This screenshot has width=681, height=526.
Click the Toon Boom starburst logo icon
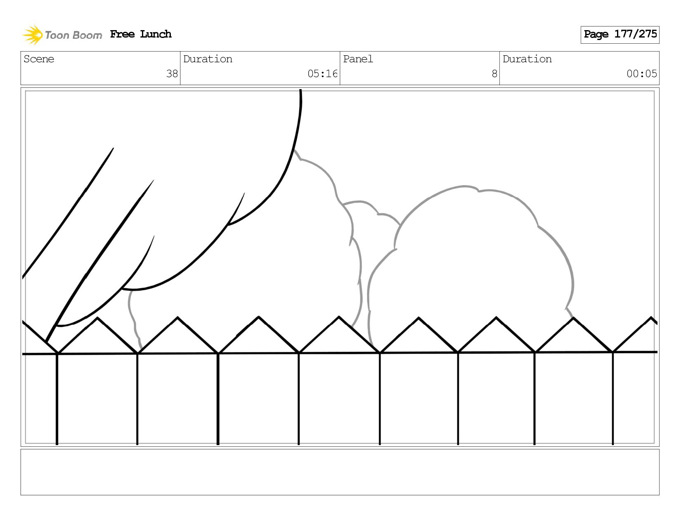click(33, 35)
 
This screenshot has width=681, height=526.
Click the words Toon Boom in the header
click(73, 35)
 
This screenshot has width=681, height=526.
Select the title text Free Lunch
click(141, 34)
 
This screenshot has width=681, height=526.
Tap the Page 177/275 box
click(620, 35)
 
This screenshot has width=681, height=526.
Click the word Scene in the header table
click(39, 59)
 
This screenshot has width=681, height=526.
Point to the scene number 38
click(172, 74)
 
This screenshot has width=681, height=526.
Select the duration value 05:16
click(322, 74)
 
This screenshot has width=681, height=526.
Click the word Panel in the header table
click(358, 59)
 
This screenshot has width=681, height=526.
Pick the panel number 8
click(494, 74)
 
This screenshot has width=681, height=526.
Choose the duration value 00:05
click(641, 74)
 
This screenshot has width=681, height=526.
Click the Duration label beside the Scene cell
click(208, 59)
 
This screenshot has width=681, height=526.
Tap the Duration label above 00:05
click(527, 59)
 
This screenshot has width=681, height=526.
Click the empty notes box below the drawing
click(340, 472)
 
